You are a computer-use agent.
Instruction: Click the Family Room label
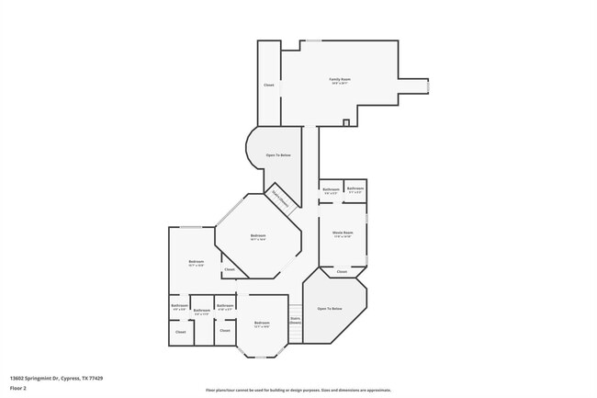(x=340, y=81)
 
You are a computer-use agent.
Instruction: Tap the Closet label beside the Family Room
(x=269, y=85)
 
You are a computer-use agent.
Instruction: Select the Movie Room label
(x=343, y=233)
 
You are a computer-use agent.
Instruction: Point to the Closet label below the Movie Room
(x=342, y=272)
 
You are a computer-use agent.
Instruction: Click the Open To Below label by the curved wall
(x=278, y=155)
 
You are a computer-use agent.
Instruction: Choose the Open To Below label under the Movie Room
(x=330, y=309)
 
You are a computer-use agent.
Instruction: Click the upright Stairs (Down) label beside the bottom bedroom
(x=295, y=322)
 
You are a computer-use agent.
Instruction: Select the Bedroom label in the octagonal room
(x=258, y=237)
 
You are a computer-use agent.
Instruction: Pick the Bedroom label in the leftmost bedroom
(x=196, y=263)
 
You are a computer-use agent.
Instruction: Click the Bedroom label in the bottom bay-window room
(x=262, y=324)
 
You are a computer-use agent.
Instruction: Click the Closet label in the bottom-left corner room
(x=180, y=332)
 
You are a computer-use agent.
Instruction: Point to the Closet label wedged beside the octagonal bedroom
(x=230, y=270)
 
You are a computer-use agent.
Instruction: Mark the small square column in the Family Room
(x=345, y=122)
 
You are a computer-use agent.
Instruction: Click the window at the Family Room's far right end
(x=428, y=85)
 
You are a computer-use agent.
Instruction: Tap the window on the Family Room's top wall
(x=314, y=40)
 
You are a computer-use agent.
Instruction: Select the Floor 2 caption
(x=17, y=388)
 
